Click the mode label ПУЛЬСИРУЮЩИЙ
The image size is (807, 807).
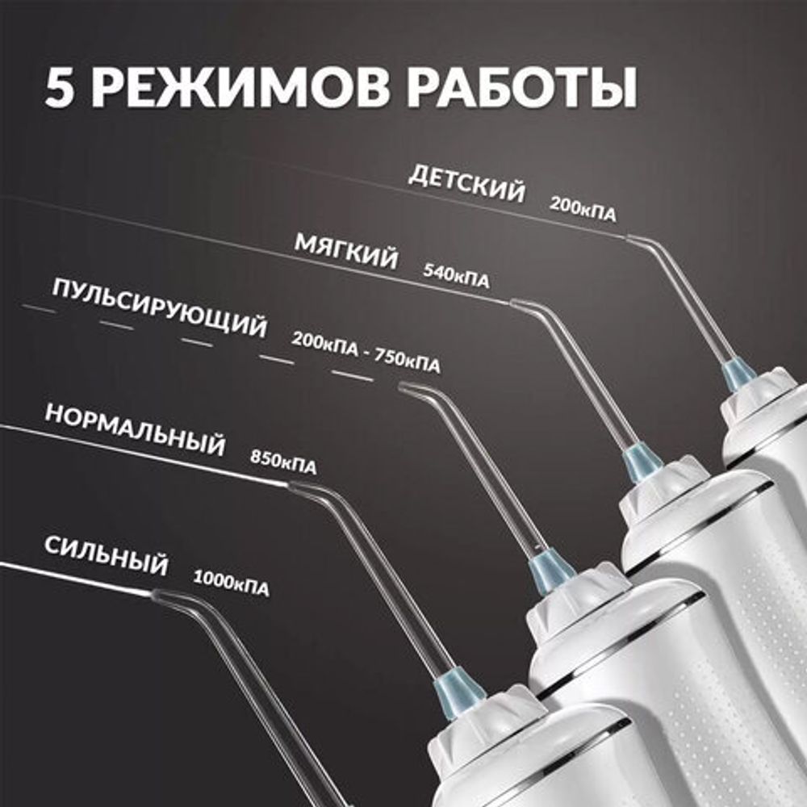pyautogui.click(x=159, y=312)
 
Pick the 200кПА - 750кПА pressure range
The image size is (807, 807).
pyautogui.click(x=366, y=353)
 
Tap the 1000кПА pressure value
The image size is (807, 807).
pyautogui.click(x=231, y=581)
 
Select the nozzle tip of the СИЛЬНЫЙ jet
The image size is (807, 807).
pyautogui.click(x=153, y=594)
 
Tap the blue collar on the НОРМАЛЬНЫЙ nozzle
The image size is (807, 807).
pyautogui.click(x=458, y=688)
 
